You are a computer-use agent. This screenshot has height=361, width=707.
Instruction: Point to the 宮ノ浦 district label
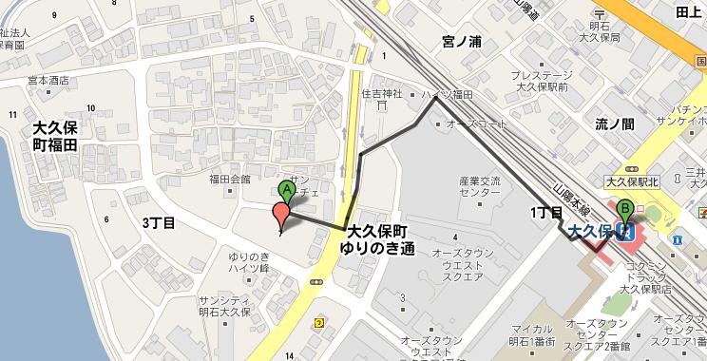464,41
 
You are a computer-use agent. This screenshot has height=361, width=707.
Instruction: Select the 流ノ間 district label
615,123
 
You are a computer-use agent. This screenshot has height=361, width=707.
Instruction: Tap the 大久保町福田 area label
55,135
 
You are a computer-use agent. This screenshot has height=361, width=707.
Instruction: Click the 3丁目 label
159,223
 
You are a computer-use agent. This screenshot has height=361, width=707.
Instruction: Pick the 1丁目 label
546,210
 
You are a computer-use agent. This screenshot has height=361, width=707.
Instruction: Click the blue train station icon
625,230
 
